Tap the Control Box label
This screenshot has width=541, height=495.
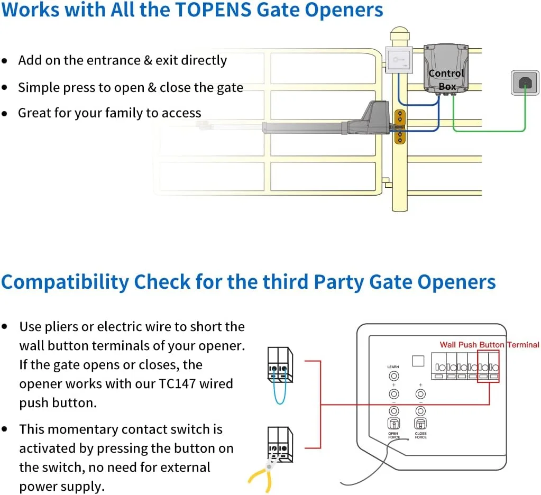tap(446, 79)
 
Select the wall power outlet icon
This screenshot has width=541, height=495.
tap(525, 82)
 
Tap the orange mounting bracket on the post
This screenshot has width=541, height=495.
tap(400, 127)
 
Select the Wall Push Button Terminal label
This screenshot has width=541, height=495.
tap(489, 345)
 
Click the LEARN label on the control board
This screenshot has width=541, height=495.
tap(393, 366)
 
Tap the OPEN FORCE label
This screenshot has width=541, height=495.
tap(394, 435)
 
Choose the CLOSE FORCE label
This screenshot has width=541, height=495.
tap(421, 435)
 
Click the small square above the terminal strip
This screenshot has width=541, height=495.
tap(418, 361)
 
